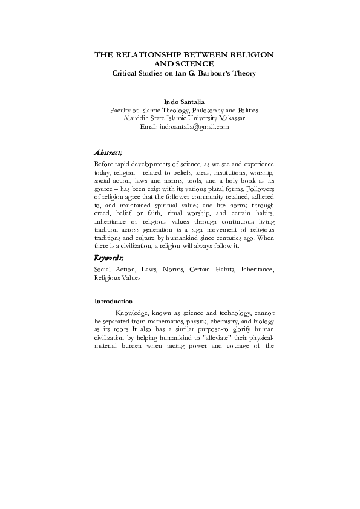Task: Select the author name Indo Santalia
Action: (x=184, y=102)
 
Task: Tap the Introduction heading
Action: (x=113, y=300)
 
